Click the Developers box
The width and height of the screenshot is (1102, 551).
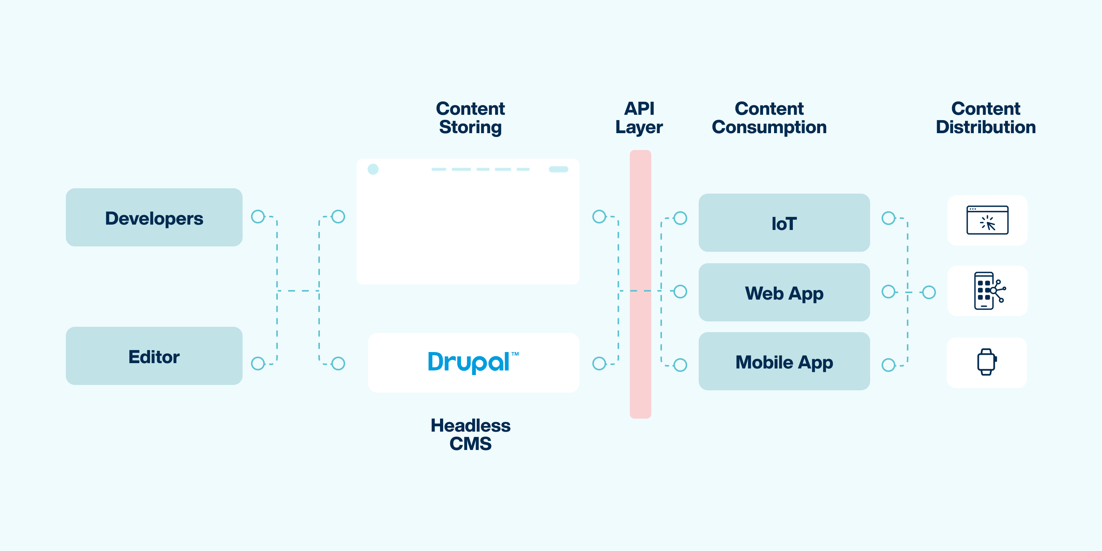154,217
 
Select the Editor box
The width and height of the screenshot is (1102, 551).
154,356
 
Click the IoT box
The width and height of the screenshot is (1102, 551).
784,223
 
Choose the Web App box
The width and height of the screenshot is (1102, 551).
784,293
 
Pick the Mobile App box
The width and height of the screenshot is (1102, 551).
784,362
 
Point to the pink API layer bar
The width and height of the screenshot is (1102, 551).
640,284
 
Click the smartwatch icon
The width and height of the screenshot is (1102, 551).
986,362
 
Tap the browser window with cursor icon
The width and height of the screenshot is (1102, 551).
987,220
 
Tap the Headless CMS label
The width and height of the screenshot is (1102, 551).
470,434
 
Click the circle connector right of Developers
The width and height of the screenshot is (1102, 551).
258,217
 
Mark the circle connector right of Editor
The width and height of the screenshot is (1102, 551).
258,364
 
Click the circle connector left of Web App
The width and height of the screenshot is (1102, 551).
680,292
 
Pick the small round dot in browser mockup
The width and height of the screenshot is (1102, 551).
373,169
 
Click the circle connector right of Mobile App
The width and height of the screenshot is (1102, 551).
888,365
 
